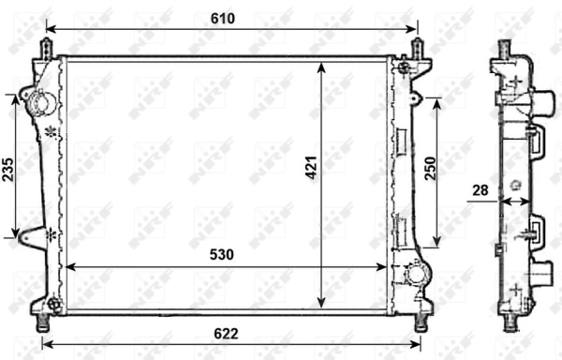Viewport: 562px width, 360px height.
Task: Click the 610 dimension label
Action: pyautogui.click(x=222, y=18)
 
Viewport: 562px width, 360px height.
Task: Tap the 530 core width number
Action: pyautogui.click(x=221, y=254)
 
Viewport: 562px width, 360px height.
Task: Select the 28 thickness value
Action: pyautogui.click(x=481, y=191)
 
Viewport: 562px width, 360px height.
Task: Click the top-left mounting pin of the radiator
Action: pyautogui.click(x=44, y=48)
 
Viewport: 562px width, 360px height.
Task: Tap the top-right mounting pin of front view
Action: pyautogui.click(x=418, y=48)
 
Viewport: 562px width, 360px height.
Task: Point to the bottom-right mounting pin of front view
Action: pyautogui.click(x=422, y=321)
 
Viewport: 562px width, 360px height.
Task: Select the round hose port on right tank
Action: pyautogui.click(x=416, y=275)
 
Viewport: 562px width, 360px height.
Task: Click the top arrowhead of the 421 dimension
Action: pyautogui.click(x=321, y=67)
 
